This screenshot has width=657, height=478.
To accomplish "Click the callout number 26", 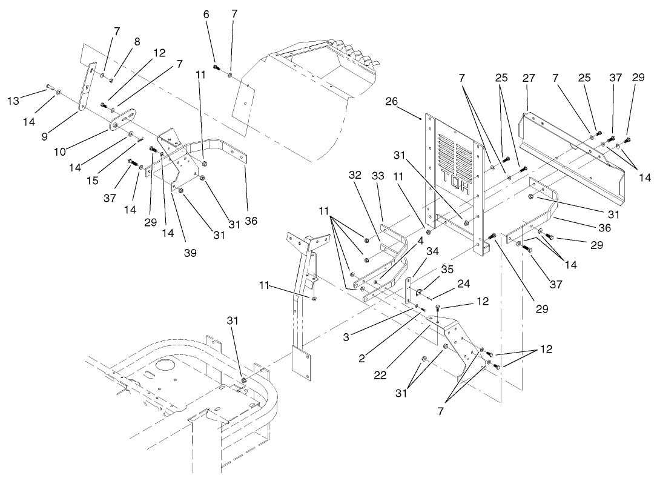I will (x=391, y=101).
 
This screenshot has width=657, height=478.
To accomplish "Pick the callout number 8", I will (x=137, y=41).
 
